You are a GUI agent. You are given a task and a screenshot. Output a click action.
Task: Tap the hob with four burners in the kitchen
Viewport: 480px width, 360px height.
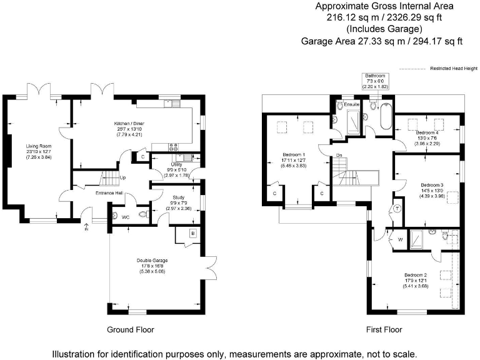tap(172, 149)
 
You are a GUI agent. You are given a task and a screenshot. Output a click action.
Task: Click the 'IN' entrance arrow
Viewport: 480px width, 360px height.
tap(86, 228)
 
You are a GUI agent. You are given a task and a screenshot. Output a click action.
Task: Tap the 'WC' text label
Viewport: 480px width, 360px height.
tap(126, 217)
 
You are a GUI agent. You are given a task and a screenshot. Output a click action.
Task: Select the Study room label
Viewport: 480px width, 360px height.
tap(177, 197)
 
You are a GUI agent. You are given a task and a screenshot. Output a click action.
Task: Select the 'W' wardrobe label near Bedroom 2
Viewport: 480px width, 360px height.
tap(399, 239)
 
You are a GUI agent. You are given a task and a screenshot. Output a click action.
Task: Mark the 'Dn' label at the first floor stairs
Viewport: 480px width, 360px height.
tap(338, 155)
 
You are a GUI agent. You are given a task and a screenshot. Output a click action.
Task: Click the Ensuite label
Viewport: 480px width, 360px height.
tap(352, 104)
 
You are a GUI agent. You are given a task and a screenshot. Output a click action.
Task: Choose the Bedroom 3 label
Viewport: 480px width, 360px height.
tap(432, 185)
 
